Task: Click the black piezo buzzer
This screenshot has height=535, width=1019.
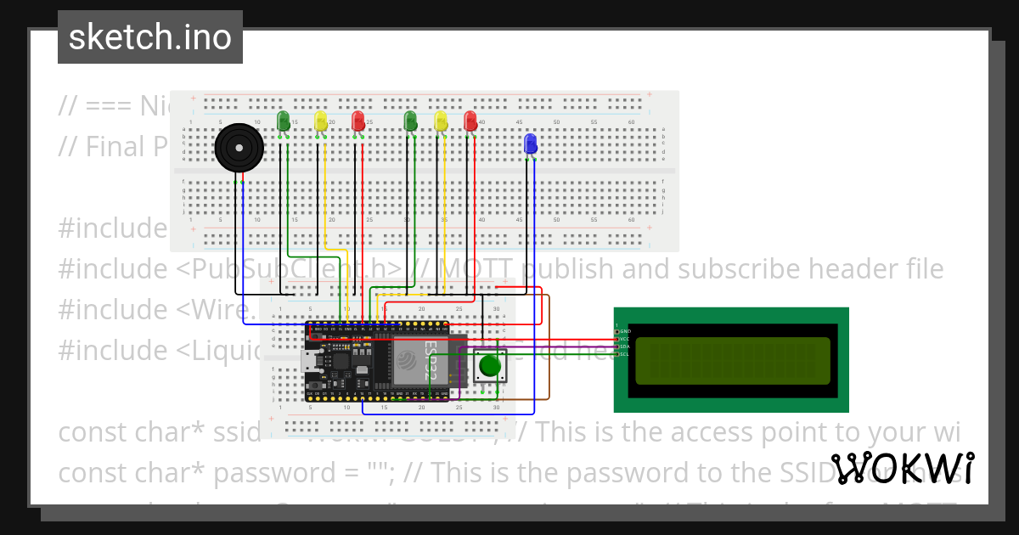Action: [239, 149]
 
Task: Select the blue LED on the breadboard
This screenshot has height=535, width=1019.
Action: [531, 143]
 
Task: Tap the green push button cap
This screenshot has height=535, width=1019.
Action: [489, 366]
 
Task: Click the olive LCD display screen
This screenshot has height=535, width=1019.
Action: [732, 359]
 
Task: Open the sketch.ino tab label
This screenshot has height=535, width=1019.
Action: [150, 37]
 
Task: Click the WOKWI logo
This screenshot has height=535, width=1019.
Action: [902, 469]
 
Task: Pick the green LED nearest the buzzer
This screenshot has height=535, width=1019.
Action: [284, 121]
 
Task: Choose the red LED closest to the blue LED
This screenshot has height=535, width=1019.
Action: [470, 121]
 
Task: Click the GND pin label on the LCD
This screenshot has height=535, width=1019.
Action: [626, 330]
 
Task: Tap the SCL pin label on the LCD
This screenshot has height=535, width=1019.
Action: [624, 354]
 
